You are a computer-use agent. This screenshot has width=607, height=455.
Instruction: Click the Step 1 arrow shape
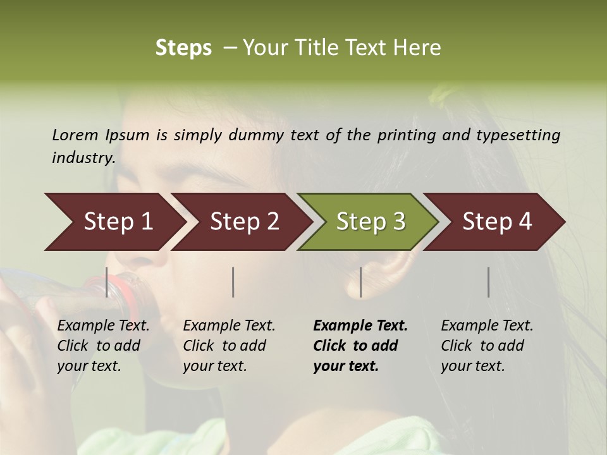pyautogui.click(x=114, y=222)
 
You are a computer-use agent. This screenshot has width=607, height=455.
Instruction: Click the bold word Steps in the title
pyautogui.click(x=183, y=48)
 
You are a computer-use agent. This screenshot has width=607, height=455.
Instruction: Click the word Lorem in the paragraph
pyautogui.click(x=75, y=135)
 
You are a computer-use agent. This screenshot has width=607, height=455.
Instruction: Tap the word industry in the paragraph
pyautogui.click(x=82, y=157)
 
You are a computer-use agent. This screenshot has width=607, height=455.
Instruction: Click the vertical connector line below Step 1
pyautogui.click(x=106, y=282)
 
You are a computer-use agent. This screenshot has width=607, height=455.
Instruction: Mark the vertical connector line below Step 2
pyautogui.click(x=233, y=282)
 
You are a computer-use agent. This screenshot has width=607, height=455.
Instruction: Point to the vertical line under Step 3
pyautogui.click(x=360, y=282)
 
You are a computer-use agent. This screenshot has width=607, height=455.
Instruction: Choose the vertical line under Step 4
pyautogui.click(x=488, y=282)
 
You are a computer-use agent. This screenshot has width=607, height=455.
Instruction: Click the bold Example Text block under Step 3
pyautogui.click(x=360, y=346)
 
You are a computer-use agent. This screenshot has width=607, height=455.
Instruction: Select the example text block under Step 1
pyautogui.click(x=103, y=346)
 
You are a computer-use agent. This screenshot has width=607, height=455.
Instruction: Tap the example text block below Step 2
pyautogui.click(x=229, y=346)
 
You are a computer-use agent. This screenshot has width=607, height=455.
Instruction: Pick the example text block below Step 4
pyautogui.click(x=487, y=346)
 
